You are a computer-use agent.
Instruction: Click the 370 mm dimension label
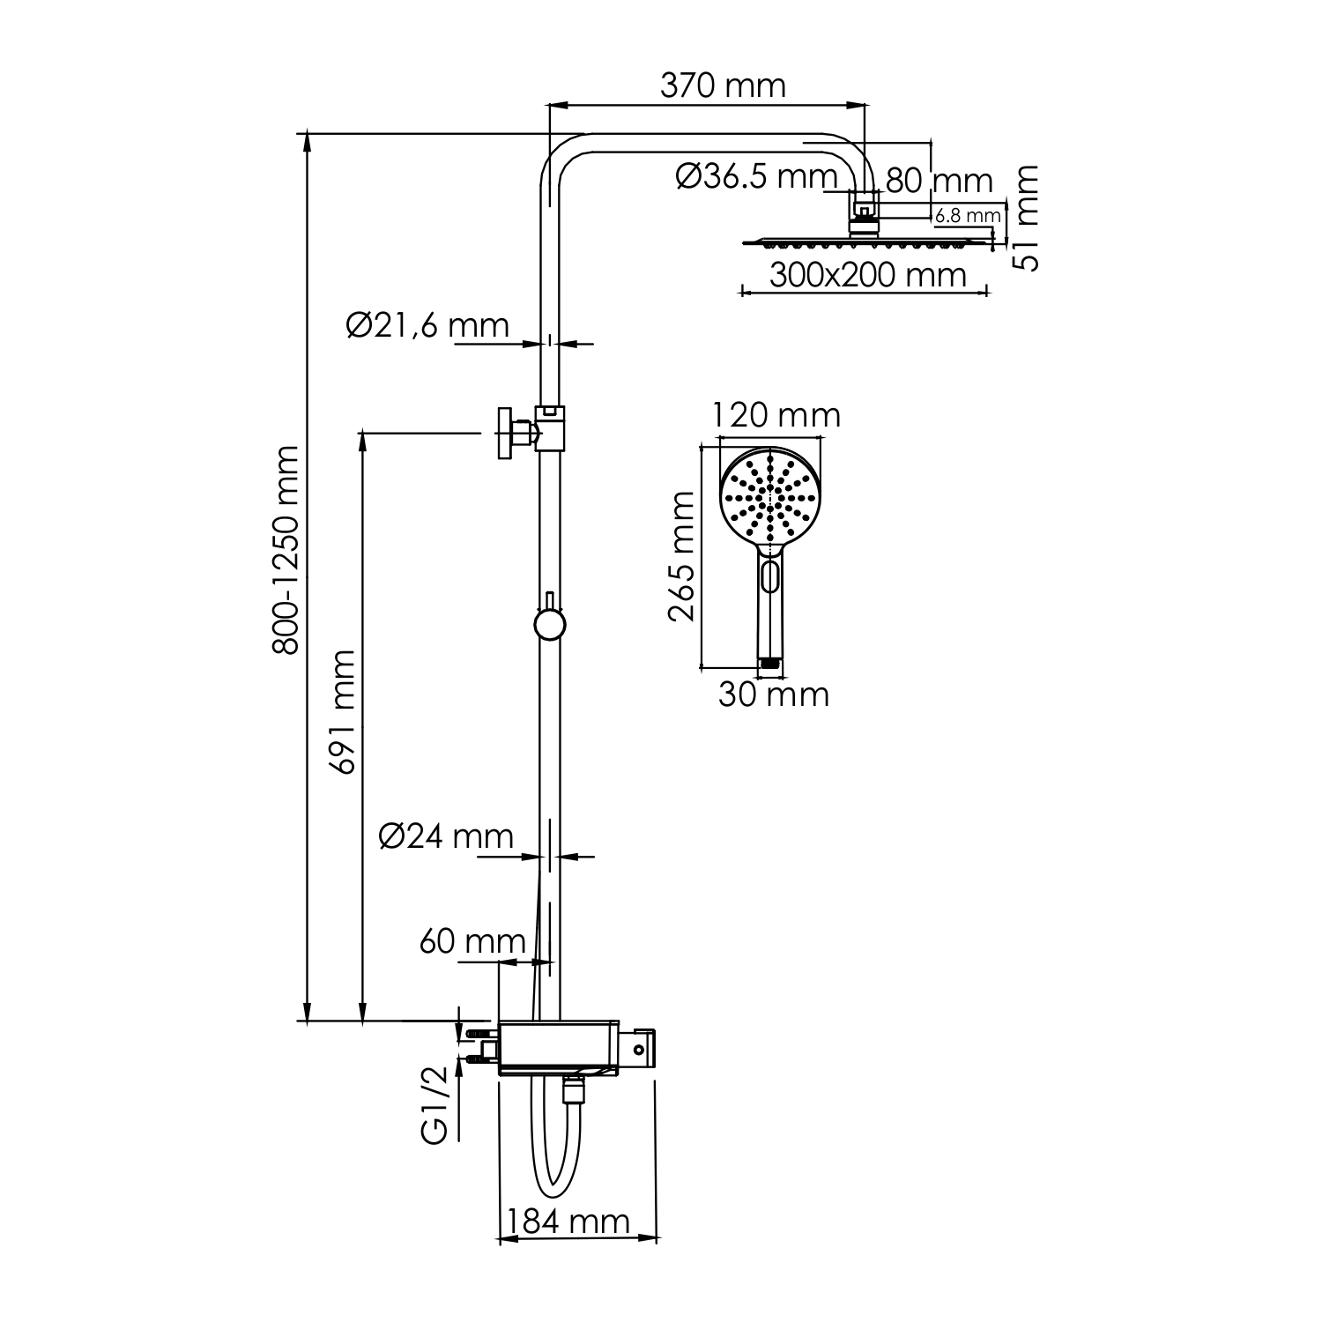[723, 85]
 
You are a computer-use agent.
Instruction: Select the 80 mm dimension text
[939, 181]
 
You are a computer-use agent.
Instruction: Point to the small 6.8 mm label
[968, 215]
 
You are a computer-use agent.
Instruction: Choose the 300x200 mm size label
[868, 275]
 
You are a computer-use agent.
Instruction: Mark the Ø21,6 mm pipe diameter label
[427, 325]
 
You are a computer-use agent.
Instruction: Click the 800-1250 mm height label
[286, 551]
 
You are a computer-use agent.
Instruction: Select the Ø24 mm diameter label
[446, 836]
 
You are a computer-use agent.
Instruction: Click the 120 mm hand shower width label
[776, 414]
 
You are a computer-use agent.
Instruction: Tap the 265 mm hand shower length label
[681, 557]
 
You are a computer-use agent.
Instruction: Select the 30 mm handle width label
[773, 694]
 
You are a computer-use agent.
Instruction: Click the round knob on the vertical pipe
[549, 625]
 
